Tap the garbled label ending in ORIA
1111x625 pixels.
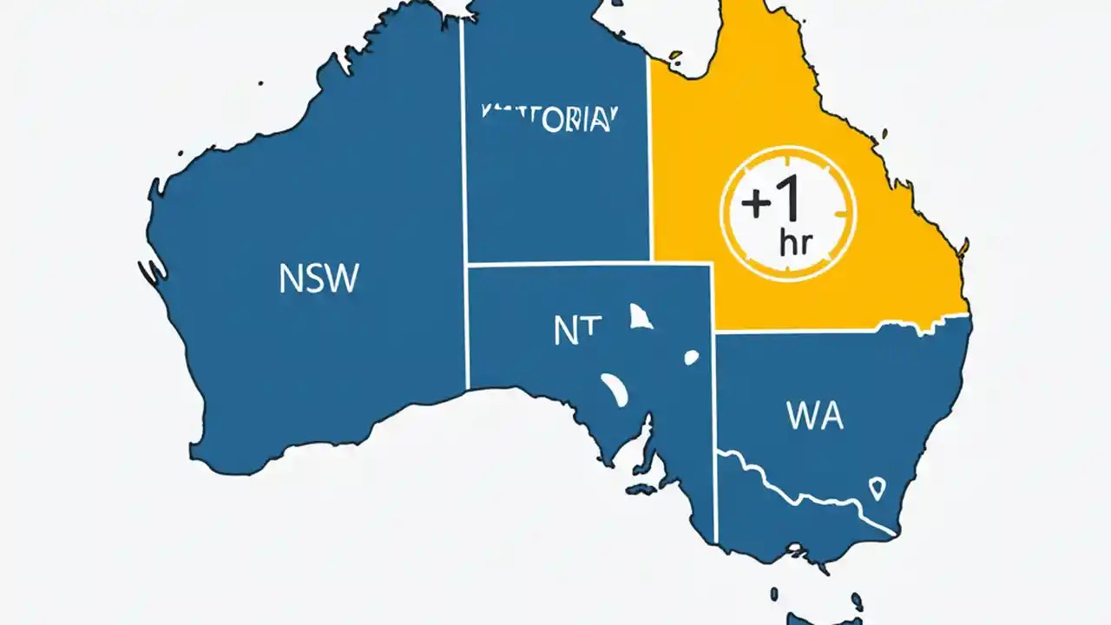(x=549, y=120)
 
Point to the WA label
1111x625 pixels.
(x=814, y=417)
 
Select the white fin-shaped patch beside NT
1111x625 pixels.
(x=641, y=317)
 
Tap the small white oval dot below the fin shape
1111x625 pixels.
(x=691, y=357)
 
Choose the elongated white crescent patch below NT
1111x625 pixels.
(x=615, y=389)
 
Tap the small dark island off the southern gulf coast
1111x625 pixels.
(x=641, y=490)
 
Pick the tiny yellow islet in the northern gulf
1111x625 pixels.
(x=675, y=55)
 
